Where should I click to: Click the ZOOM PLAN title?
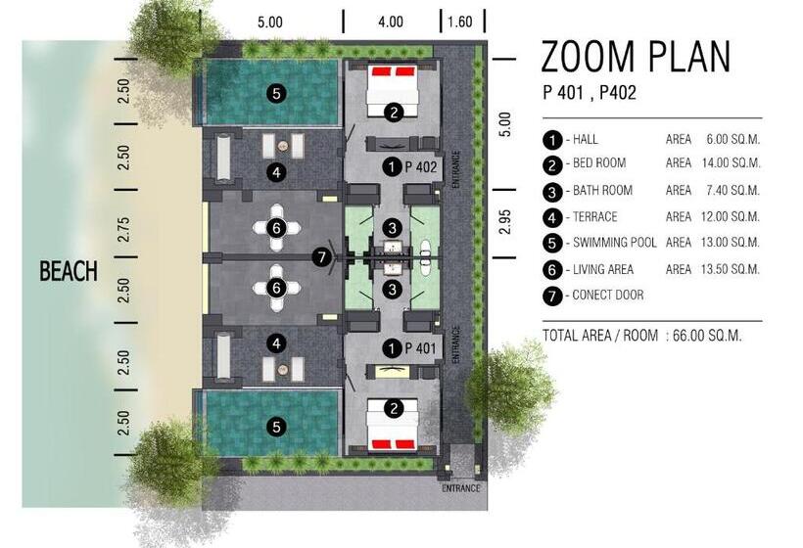coord(636,58)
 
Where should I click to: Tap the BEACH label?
coord(69,271)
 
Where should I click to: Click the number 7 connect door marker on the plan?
coord(323,257)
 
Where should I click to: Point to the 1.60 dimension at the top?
coord(459,21)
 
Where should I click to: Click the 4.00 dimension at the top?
coord(390,21)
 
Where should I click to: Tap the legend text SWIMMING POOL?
coord(613,243)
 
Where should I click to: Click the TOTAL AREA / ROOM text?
coord(598,336)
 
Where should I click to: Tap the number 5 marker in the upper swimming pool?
coord(277,94)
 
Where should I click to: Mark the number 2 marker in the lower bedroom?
coord(393,409)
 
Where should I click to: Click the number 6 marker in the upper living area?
coord(277,227)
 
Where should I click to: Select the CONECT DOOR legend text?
coord(610,295)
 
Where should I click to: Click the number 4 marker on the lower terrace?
coord(277,343)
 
